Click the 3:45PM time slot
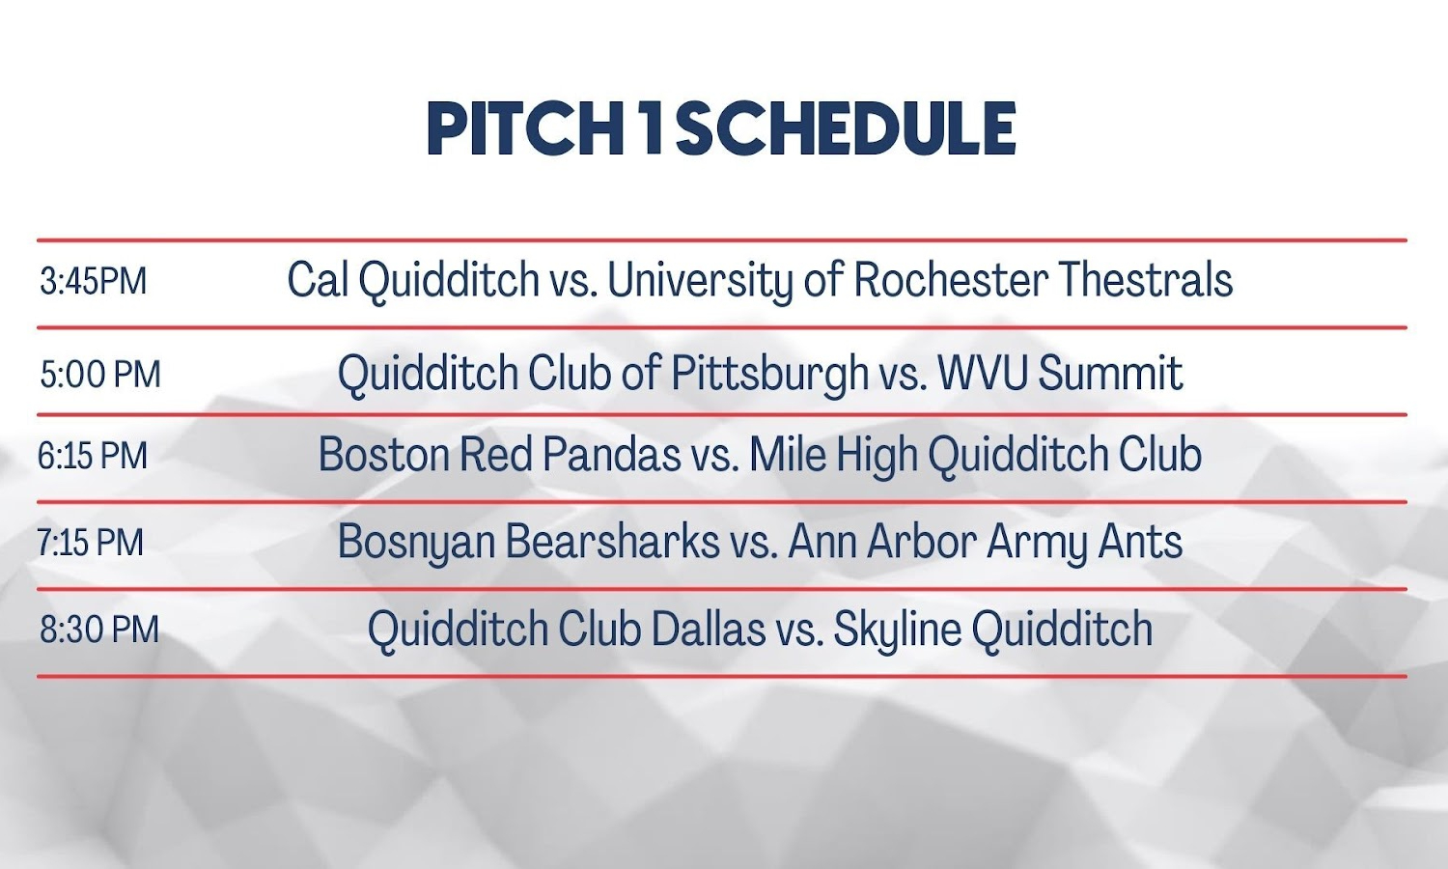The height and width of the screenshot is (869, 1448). click(93, 282)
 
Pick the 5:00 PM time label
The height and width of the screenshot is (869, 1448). click(100, 375)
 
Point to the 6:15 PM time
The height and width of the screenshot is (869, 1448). click(93, 455)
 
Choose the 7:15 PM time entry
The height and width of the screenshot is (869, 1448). click(90, 542)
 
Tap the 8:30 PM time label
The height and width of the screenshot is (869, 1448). click(98, 630)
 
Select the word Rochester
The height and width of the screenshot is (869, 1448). click(951, 279)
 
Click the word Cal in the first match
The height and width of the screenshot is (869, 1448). click(318, 279)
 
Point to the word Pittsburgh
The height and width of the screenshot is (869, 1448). click(770, 374)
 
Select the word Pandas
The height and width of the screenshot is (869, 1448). click(611, 454)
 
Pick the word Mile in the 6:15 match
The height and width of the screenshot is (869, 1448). click(788, 454)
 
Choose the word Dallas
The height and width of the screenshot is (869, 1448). click(709, 629)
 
